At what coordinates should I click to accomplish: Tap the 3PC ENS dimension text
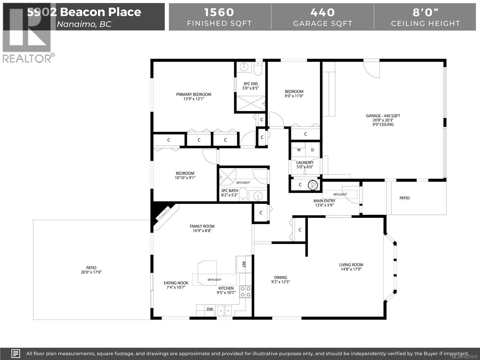[x=250, y=88]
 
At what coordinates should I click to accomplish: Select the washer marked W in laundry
[x=299, y=150]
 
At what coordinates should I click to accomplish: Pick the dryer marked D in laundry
[x=312, y=150]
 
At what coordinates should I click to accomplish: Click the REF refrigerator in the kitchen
[x=244, y=264]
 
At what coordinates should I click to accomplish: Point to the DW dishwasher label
[x=210, y=309]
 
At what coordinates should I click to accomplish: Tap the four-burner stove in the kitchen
[x=245, y=291]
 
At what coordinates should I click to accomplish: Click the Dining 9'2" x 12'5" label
[x=280, y=280]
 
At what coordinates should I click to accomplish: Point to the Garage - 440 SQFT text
[x=383, y=116]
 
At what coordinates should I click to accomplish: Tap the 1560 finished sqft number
[x=219, y=12]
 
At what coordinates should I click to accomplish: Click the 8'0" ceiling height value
[x=425, y=12]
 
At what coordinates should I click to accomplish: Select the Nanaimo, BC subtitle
[x=84, y=24]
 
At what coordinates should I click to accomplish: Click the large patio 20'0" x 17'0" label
[x=91, y=270]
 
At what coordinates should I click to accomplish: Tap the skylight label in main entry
[x=340, y=194]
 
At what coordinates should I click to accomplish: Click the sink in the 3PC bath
[x=257, y=196]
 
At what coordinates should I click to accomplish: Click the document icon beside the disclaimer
[x=16, y=353]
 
